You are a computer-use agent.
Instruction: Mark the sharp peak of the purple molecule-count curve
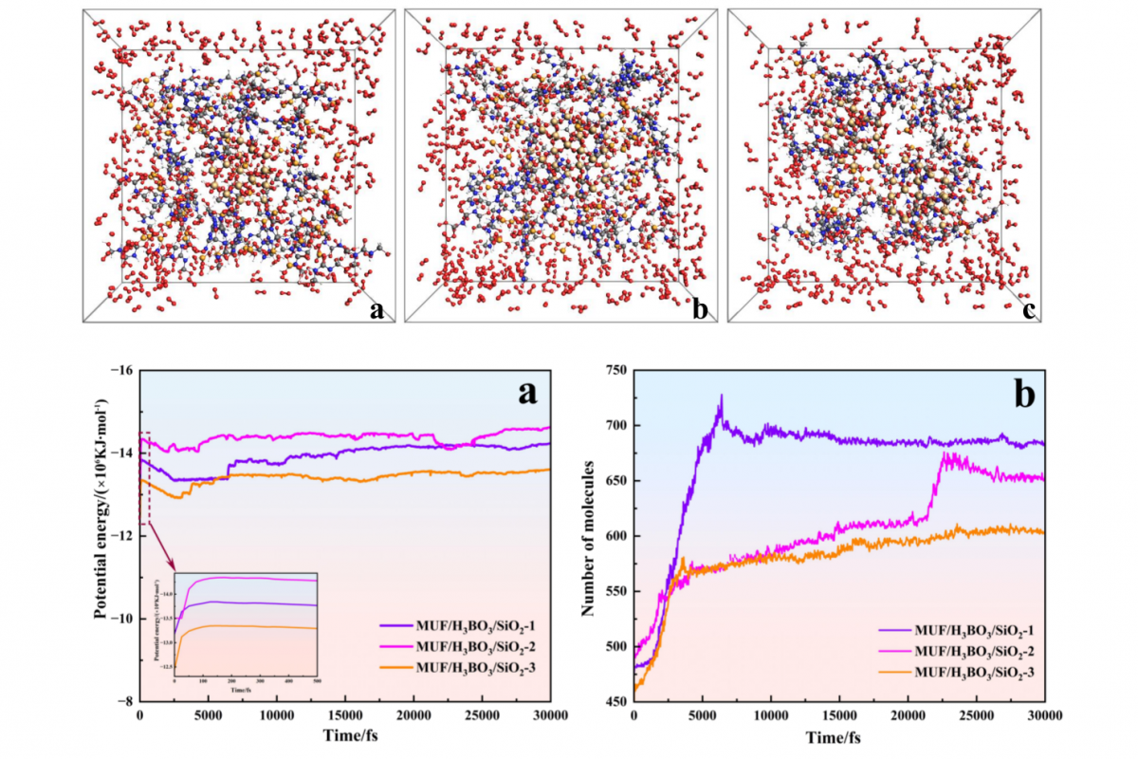point(721,396)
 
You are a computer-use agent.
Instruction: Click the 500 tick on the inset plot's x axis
point(317,680)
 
